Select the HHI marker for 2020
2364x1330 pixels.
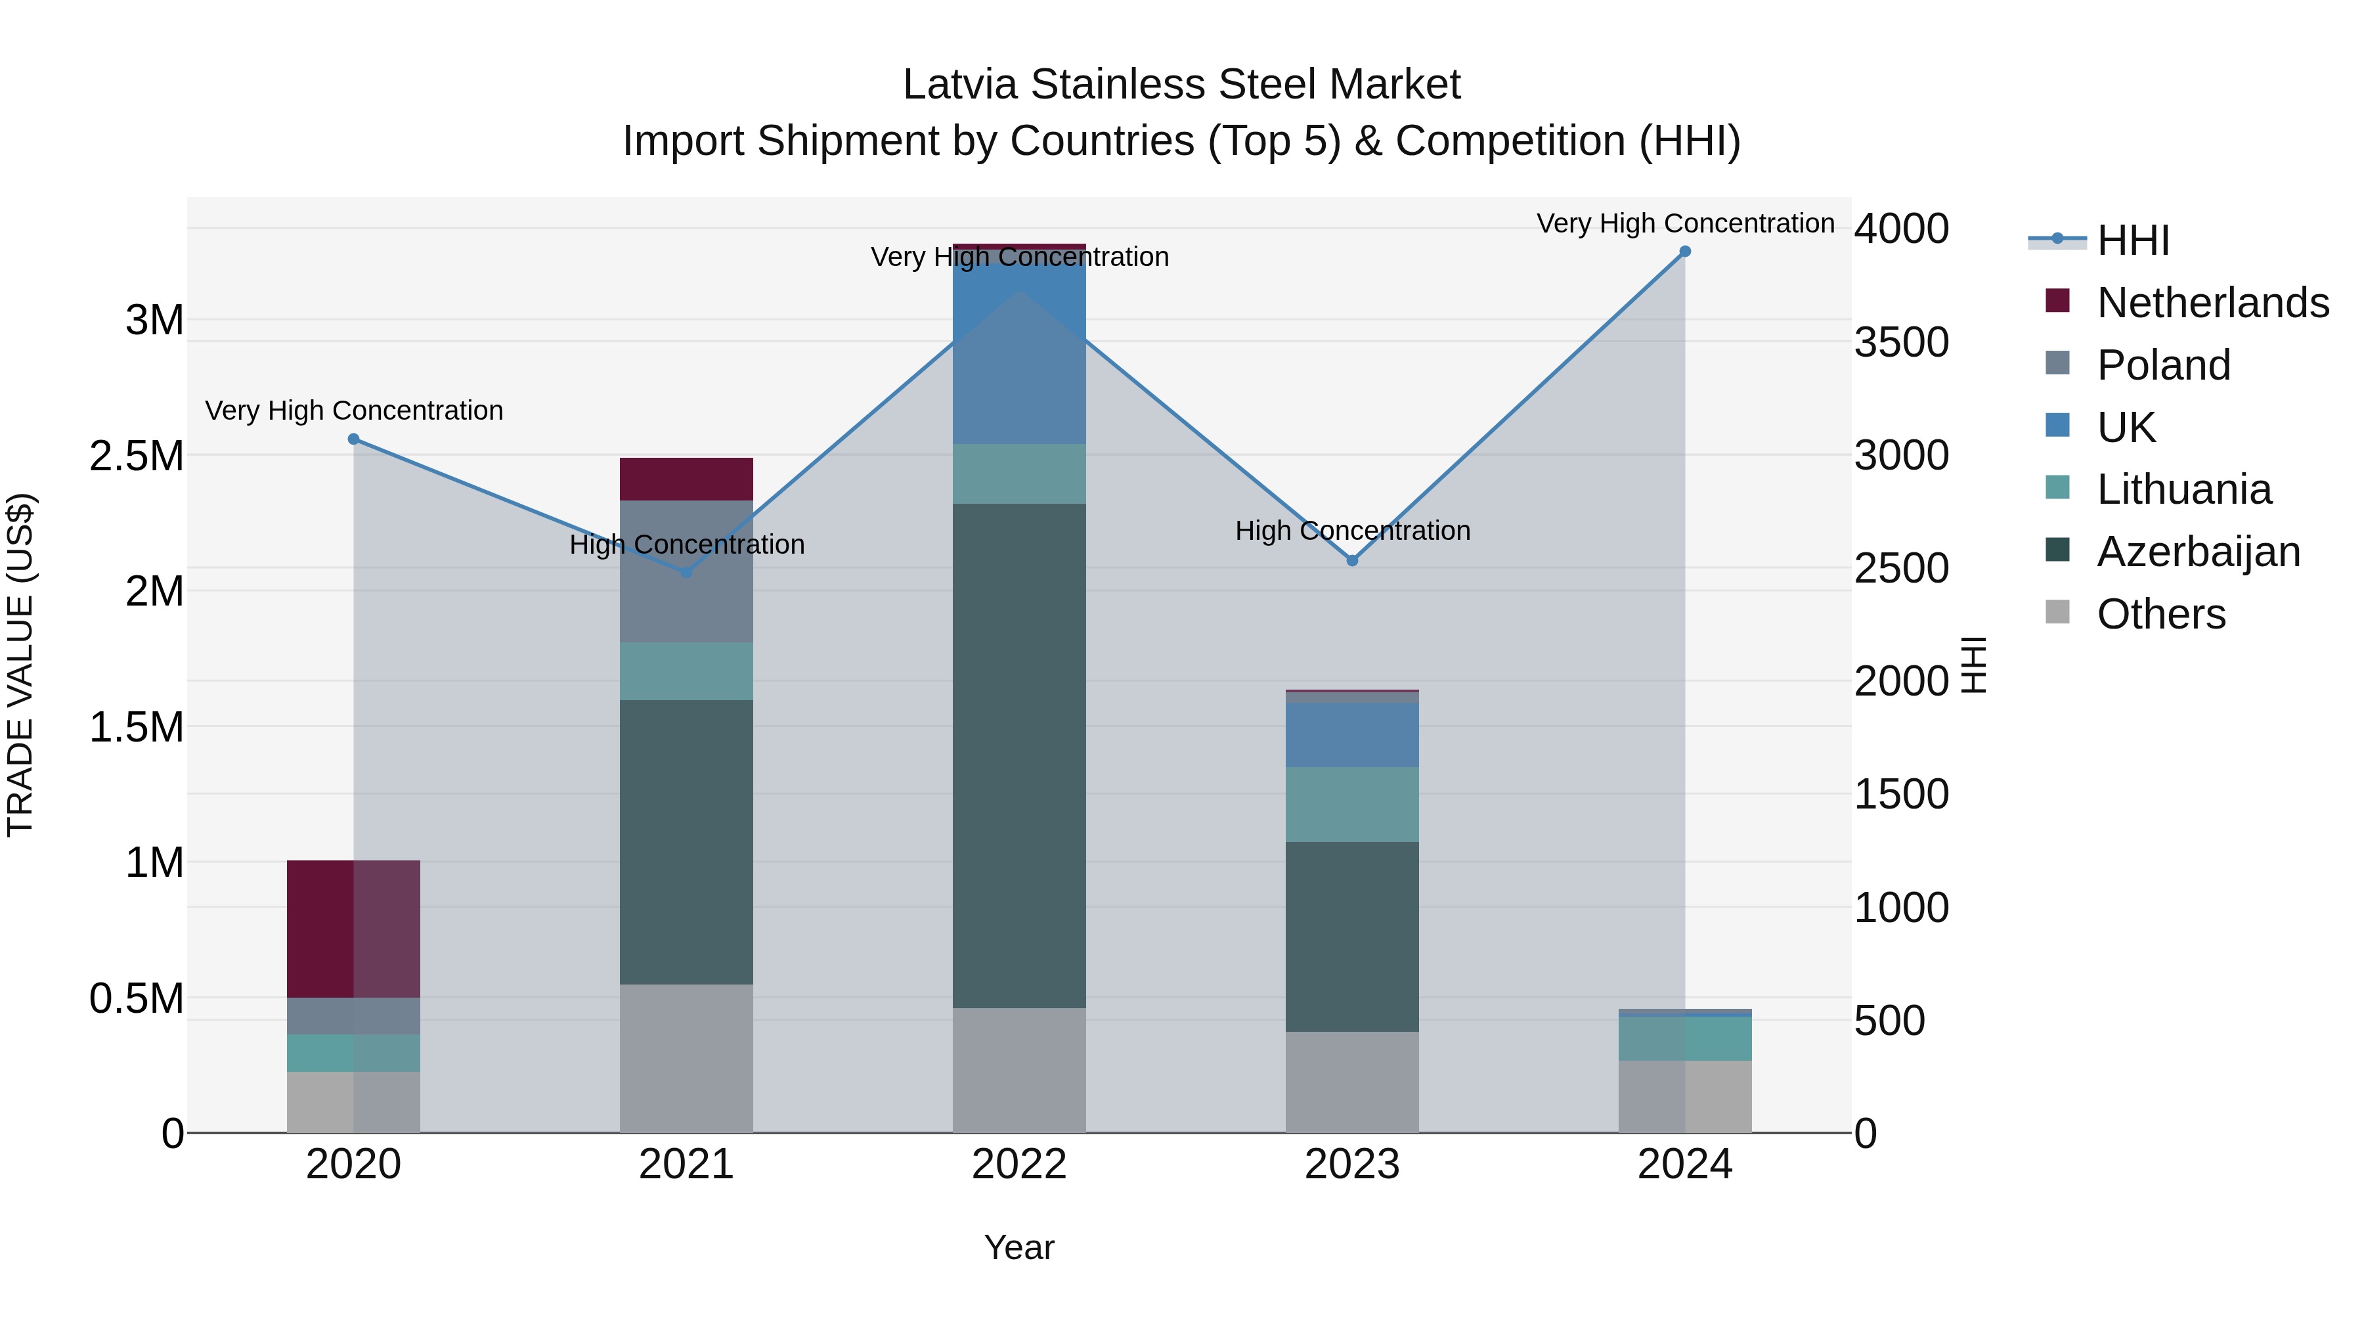pyautogui.click(x=353, y=439)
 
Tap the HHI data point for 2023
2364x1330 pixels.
pyautogui.click(x=1352, y=560)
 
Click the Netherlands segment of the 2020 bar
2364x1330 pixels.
pyautogui.click(x=353, y=928)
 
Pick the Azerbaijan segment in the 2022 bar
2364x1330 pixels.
pyautogui.click(x=1018, y=755)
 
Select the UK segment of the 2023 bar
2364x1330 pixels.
pyautogui.click(x=1352, y=734)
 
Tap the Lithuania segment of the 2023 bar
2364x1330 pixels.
pyautogui.click(x=1352, y=804)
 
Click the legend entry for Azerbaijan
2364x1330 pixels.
pyautogui.click(x=2198, y=552)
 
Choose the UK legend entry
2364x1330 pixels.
pyautogui.click(x=2126, y=427)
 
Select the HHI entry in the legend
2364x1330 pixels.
pyautogui.click(x=2133, y=240)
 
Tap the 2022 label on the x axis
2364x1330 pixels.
pyautogui.click(x=1018, y=1164)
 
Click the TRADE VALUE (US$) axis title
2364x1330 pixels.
pyautogui.click(x=20, y=665)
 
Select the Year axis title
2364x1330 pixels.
pyautogui.click(x=1018, y=1247)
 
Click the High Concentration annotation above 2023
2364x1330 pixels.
pyautogui.click(x=1352, y=531)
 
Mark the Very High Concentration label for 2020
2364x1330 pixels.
pyautogui.click(x=353, y=410)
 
